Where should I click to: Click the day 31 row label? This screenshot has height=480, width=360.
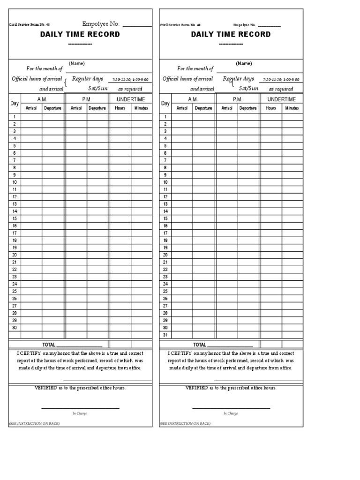165,335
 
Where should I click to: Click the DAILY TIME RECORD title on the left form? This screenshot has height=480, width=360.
80,34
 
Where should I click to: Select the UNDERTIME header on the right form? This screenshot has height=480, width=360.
281,99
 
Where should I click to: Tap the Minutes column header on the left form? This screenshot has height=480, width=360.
141,108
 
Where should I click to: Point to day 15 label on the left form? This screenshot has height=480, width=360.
15,218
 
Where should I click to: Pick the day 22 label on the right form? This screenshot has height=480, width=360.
165,270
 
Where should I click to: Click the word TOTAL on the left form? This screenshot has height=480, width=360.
49,345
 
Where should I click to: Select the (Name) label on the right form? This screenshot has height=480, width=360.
244,63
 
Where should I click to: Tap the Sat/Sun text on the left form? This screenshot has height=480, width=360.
98,88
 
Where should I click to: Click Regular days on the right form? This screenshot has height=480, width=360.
238,79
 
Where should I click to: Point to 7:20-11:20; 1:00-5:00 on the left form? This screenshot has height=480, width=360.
130,80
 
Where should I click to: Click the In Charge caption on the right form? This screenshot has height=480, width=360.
231,413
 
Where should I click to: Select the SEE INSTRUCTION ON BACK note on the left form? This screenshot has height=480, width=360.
34,423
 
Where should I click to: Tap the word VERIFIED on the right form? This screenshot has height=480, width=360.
197,388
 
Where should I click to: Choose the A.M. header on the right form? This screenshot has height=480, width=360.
193,99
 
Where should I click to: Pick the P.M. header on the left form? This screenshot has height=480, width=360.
87,99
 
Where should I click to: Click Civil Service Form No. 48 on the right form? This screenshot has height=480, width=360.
180,25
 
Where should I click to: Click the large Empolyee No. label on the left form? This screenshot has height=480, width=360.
101,24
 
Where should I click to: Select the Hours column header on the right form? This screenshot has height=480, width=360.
271,108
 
